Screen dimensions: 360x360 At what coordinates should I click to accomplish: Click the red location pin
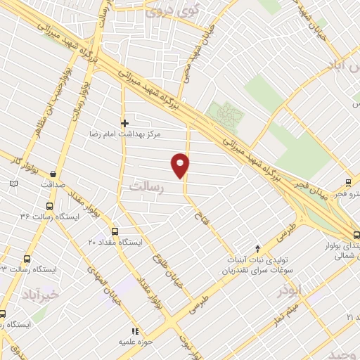point(181,165)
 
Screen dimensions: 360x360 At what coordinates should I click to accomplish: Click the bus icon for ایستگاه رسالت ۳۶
point(49,206)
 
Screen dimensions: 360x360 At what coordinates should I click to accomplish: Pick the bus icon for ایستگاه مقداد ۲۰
point(115,231)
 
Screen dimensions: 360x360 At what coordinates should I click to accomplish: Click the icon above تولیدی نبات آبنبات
point(258,248)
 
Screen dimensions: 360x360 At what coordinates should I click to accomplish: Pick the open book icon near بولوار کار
point(13,184)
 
